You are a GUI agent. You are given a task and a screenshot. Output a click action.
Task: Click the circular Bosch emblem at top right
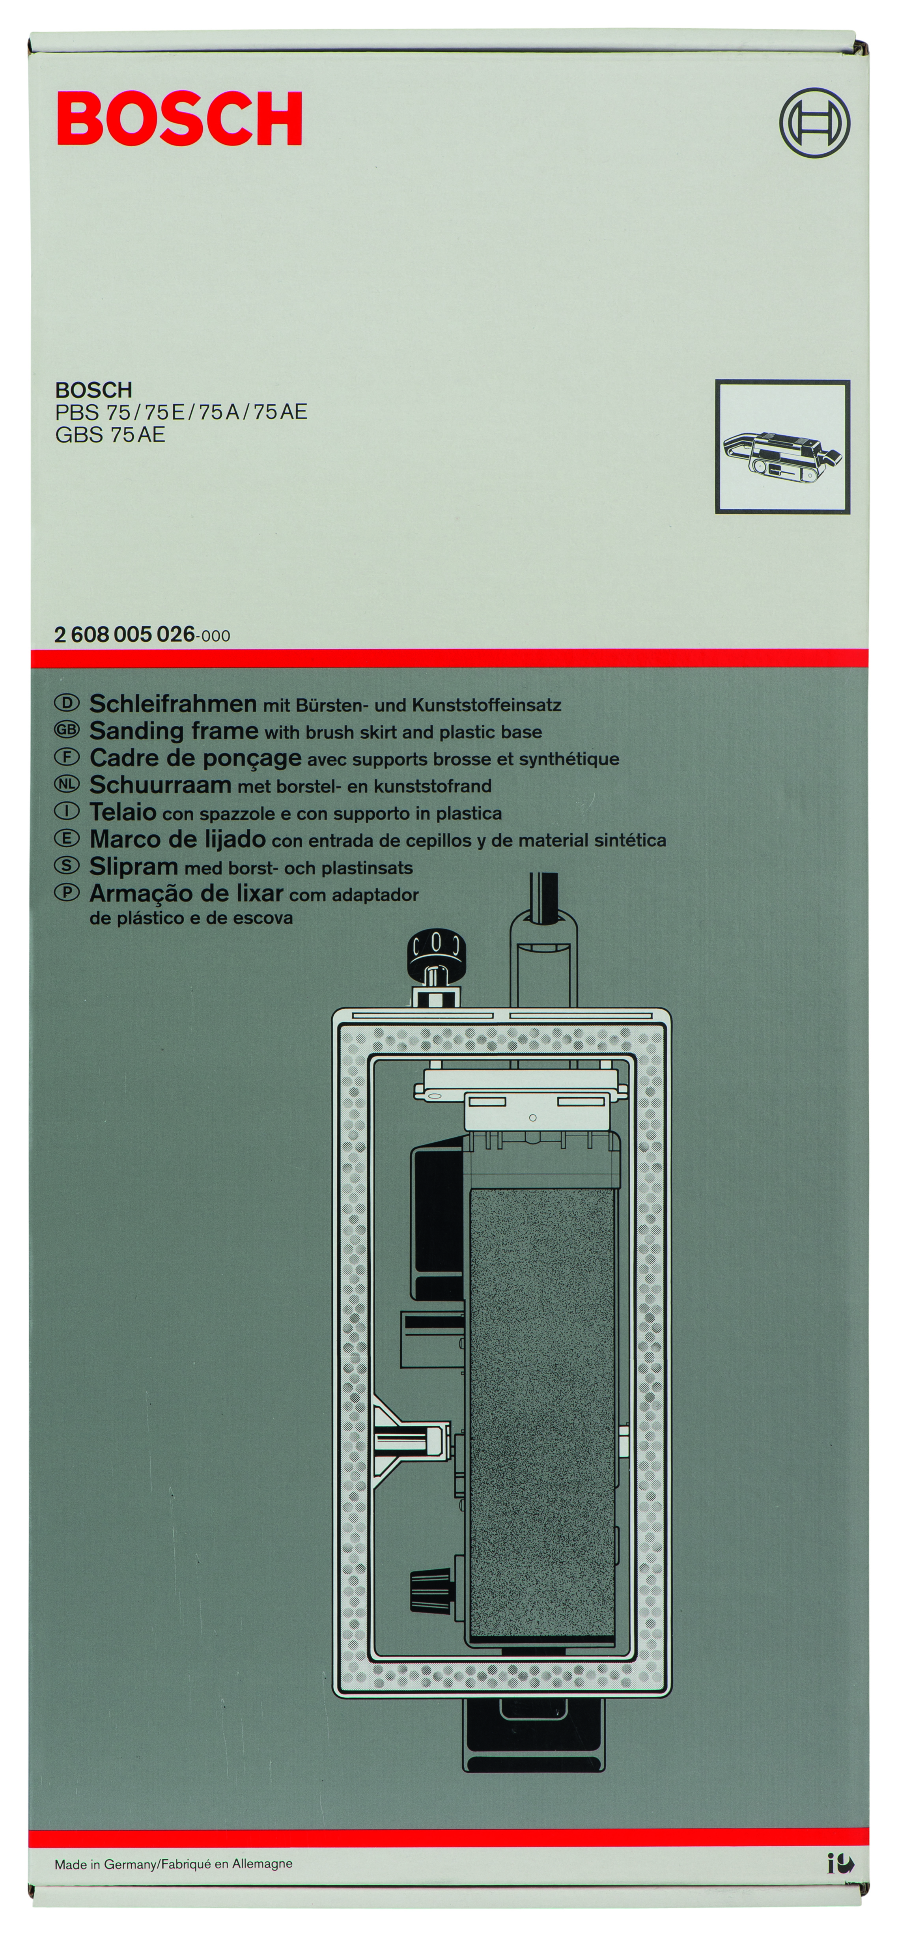(x=814, y=123)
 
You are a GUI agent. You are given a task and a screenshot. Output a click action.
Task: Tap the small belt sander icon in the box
(x=782, y=455)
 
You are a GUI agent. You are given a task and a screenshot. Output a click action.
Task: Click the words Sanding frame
(x=174, y=731)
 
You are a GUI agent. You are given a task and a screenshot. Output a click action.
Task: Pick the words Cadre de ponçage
(x=196, y=758)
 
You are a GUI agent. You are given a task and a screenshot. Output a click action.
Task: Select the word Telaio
(x=123, y=812)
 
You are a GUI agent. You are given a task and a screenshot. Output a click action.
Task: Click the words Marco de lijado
(x=177, y=839)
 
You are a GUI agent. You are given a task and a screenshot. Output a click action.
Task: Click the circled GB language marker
(x=66, y=730)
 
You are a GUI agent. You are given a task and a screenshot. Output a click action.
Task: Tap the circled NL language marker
(x=66, y=784)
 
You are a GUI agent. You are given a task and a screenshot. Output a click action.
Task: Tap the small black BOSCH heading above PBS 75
(x=93, y=390)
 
